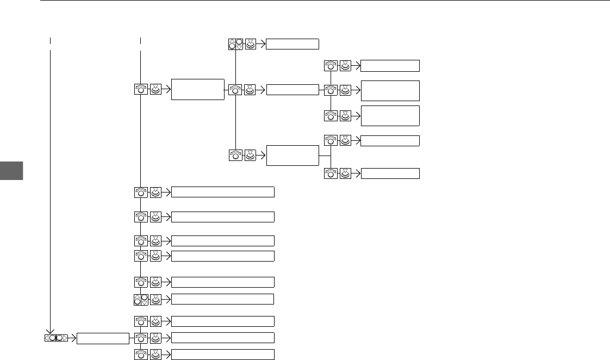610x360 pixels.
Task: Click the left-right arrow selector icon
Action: [57, 338]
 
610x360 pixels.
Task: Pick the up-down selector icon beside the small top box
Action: [235, 44]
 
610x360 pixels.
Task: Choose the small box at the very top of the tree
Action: [292, 44]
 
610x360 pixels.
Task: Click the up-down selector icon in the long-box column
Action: [141, 299]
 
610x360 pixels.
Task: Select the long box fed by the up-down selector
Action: [222, 299]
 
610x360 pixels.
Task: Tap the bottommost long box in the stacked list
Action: [222, 355]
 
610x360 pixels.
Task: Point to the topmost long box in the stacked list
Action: [222, 191]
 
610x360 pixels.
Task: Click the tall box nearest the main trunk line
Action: [198, 89]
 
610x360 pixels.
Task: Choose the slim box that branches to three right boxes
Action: [292, 89]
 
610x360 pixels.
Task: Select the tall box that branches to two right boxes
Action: [292, 155]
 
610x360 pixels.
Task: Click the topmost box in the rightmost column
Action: [390, 66]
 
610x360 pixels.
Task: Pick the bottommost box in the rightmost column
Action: [390, 173]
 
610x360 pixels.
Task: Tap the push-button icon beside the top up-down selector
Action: [251, 44]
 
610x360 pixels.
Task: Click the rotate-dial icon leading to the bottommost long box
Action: [141, 355]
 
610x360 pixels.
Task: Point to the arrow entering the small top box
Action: [262, 44]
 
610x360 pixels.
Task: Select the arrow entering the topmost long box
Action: [167, 191]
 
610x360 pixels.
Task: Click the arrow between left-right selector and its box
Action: [72, 338]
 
